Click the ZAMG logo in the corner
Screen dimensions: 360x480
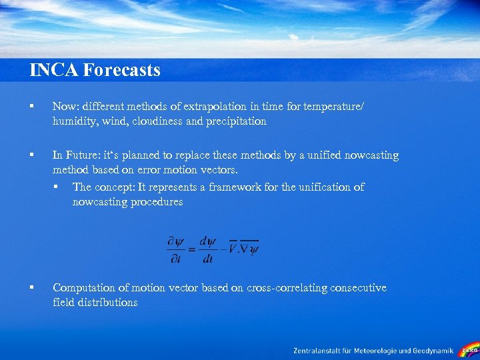click(469, 349)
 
